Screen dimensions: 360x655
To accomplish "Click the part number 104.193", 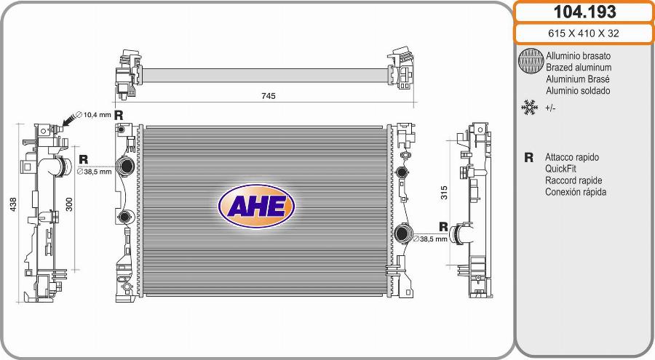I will (584, 12).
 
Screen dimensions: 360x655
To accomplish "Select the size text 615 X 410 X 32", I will (584, 33).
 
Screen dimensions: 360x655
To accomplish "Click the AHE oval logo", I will (256, 206).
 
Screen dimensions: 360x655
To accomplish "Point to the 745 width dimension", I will (268, 96).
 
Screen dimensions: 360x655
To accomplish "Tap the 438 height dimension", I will (11, 206).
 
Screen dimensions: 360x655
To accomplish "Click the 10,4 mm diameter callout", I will (97, 115).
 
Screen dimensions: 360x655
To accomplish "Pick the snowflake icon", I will (529, 108).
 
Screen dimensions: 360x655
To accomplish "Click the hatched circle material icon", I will (531, 61).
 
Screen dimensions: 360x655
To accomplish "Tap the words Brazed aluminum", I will (578, 68).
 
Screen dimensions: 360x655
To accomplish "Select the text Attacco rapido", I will (571, 157).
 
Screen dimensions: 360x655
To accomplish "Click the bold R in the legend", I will (529, 157).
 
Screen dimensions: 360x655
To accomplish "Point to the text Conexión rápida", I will (575, 192).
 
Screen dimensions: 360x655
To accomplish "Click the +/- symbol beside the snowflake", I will (551, 108).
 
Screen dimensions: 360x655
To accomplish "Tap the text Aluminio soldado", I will (578, 91).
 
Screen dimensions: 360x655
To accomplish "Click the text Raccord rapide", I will (573, 180).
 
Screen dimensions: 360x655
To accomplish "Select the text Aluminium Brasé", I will (577, 79).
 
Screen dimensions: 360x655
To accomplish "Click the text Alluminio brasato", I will (578, 56).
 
